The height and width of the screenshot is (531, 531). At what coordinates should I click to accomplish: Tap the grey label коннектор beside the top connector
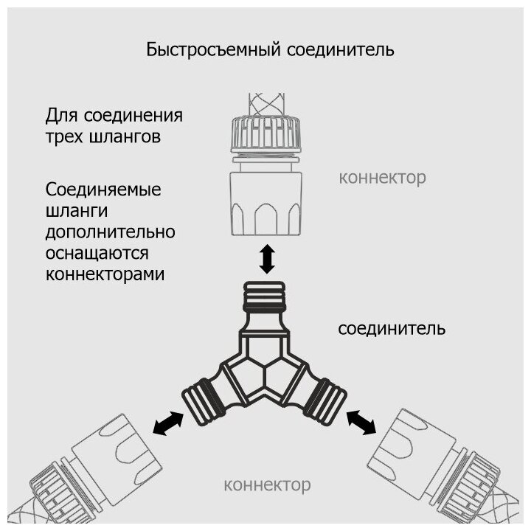[x=382, y=178]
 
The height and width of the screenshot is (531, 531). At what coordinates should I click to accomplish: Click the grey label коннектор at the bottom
[x=266, y=485]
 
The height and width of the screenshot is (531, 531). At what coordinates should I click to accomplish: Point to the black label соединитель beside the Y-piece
[x=391, y=328]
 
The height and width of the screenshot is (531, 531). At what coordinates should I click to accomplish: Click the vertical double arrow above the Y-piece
[x=267, y=260]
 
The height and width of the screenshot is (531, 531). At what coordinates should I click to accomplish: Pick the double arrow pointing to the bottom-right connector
[x=361, y=422]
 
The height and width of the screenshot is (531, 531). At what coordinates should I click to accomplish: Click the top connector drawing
[x=266, y=173]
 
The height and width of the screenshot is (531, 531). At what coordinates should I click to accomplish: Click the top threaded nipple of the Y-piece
[x=266, y=295]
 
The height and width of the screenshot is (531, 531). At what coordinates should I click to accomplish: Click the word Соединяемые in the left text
[x=103, y=190]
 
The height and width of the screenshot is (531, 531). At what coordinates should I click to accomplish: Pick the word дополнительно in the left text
[x=110, y=232]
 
